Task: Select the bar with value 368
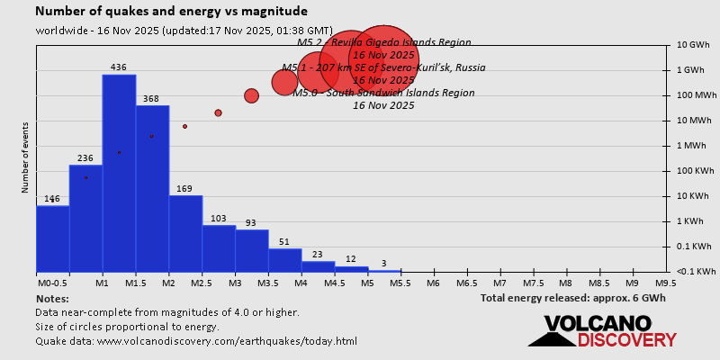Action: [152, 189]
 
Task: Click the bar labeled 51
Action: [284, 260]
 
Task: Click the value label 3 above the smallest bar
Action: [384, 264]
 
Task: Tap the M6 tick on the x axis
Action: [433, 283]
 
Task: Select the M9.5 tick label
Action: [666, 283]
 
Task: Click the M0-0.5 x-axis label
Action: [51, 283]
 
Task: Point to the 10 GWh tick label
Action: [695, 45]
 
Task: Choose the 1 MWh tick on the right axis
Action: [695, 146]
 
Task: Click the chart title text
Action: [171, 12]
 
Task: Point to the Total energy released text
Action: [572, 298]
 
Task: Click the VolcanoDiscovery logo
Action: [602, 330]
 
